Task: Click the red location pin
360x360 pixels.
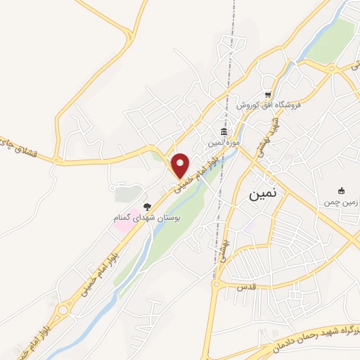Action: (x=180, y=165)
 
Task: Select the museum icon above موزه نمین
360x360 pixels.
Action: (x=224, y=133)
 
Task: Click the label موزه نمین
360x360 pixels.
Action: (x=224, y=143)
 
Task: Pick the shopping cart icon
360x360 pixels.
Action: (x=268, y=94)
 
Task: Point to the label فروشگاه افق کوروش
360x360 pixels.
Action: (x=268, y=105)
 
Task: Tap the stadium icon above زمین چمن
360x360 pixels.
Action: (x=342, y=191)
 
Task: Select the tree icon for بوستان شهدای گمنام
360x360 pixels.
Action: (x=146, y=207)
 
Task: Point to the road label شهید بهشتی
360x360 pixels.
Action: (x=269, y=131)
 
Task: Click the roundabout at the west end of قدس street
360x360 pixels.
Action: (x=218, y=285)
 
